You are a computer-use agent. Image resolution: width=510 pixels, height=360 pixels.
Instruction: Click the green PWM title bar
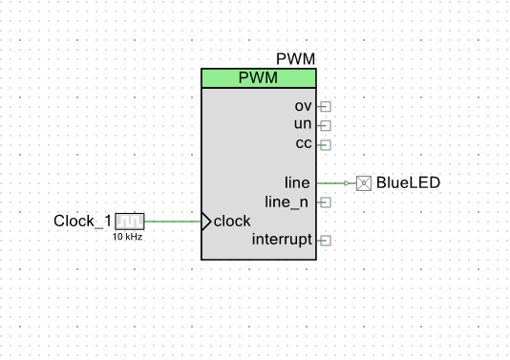(258, 78)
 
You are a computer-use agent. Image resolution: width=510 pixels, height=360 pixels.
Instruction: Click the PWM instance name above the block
(295, 60)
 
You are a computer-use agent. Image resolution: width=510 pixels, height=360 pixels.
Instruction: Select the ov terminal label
(303, 106)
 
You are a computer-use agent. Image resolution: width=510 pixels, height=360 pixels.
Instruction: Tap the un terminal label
(303, 125)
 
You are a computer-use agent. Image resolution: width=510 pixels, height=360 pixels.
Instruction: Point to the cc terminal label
(303, 144)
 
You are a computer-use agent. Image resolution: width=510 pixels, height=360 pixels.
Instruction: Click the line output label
(298, 182)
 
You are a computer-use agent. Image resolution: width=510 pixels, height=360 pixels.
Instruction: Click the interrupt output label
(282, 240)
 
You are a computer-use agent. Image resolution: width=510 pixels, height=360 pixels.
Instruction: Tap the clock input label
(232, 221)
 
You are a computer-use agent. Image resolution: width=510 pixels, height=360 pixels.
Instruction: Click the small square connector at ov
(325, 107)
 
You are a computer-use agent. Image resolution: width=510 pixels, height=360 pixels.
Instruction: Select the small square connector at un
(325, 126)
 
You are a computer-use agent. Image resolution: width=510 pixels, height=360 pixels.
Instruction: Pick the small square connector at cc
(325, 145)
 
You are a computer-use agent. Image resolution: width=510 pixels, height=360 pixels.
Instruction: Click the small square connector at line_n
(325, 202)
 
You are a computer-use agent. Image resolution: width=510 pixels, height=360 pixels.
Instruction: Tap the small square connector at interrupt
(325, 241)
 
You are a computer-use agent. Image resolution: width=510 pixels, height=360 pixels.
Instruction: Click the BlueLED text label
(409, 182)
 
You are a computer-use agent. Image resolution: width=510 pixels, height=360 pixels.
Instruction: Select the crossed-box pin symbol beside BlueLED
(363, 182)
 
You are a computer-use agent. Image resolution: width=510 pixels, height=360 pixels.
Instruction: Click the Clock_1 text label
(82, 222)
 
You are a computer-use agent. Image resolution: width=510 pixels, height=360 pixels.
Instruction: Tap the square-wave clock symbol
(129, 222)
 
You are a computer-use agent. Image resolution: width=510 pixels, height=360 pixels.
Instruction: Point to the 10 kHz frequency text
(127, 236)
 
